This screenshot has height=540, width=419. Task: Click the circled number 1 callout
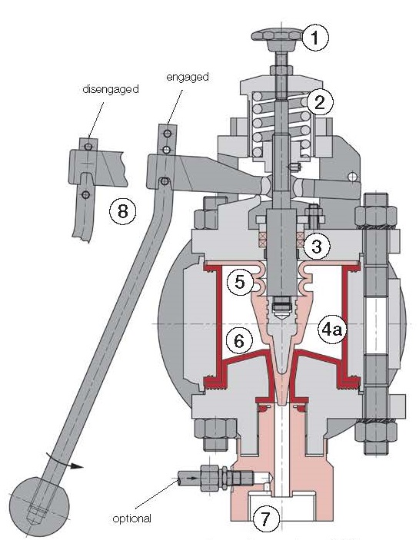315,38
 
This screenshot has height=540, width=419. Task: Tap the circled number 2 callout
320,101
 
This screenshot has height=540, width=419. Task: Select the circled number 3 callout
316,246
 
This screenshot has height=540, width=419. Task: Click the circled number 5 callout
239,282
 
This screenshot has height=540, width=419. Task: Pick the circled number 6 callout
239,340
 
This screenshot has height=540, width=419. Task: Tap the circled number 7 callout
266,518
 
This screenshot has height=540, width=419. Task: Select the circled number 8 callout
123,210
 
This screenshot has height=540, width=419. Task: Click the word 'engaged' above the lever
188,77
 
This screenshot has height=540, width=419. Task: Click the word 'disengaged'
111,89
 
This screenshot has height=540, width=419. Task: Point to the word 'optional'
131,518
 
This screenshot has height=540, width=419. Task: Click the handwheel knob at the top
278,35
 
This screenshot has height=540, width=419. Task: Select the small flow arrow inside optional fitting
192,478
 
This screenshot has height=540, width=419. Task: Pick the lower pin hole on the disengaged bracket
86,195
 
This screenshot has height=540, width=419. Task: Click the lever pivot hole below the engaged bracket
165,181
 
